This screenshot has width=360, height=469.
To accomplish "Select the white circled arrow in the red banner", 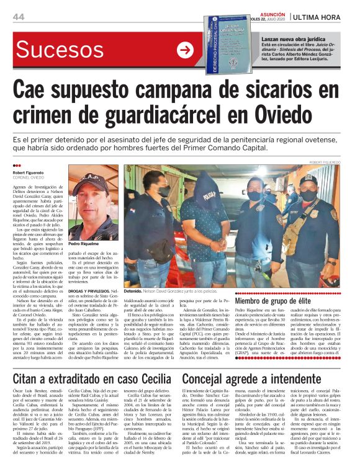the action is (x=186, y=50).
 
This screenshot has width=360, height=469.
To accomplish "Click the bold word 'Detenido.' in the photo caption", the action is (x=133, y=290).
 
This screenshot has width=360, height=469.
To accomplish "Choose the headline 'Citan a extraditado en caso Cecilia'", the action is (x=94, y=360).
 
